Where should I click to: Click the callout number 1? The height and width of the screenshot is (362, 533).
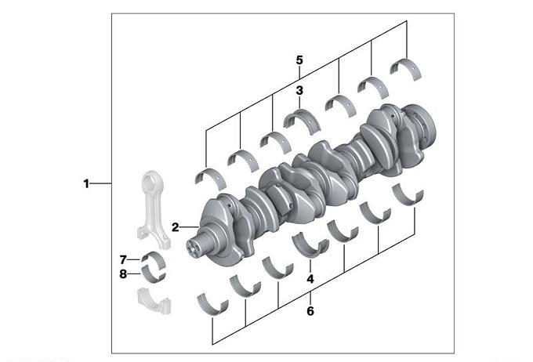pyautogui.click(x=86, y=183)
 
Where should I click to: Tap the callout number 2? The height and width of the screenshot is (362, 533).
pyautogui.click(x=175, y=227)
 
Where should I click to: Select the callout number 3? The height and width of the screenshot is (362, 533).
pyautogui.click(x=299, y=90)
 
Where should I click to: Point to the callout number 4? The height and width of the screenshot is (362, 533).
pyautogui.click(x=310, y=279)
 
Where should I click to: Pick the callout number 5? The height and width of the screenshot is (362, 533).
pyautogui.click(x=299, y=60)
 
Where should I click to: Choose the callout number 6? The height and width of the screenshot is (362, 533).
pyautogui.click(x=310, y=310)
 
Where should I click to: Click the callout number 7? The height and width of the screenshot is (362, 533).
pyautogui.click(x=123, y=259)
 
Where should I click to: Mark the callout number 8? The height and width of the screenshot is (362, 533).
pyautogui.click(x=123, y=273)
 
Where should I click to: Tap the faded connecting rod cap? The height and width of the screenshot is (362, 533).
pyautogui.click(x=154, y=302)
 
